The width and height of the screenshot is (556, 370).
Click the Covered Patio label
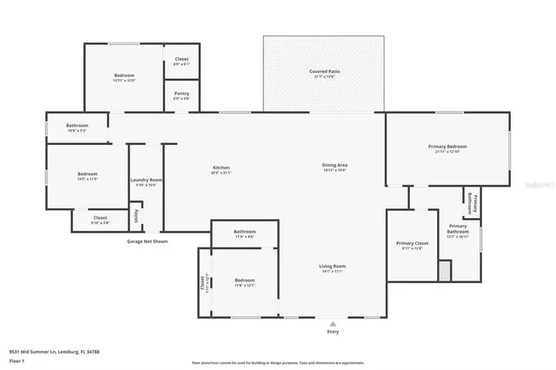323,71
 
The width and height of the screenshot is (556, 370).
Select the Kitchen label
222,168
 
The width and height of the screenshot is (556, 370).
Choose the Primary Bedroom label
447,147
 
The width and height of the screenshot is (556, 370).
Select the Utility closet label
135,215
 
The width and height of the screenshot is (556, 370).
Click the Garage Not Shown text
147,241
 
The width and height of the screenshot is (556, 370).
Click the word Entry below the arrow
333,332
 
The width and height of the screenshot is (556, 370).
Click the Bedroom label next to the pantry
124,76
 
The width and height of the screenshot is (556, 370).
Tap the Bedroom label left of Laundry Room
86,174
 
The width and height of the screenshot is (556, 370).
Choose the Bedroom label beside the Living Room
245,281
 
